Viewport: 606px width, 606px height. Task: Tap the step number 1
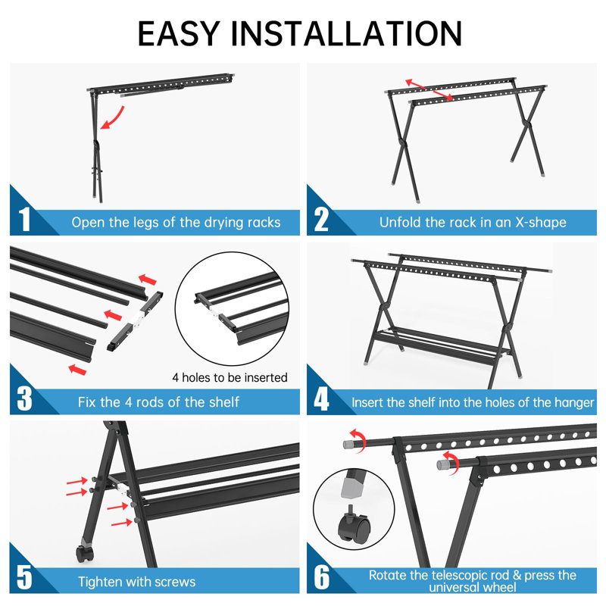point(24,220)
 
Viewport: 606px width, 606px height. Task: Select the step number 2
point(322,220)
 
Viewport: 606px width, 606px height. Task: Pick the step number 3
point(24,399)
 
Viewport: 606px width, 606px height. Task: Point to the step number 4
point(322,399)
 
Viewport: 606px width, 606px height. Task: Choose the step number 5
point(24,579)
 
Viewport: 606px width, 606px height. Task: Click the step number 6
point(322,579)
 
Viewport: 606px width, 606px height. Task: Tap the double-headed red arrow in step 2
point(429,89)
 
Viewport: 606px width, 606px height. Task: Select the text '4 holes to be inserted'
point(230,376)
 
